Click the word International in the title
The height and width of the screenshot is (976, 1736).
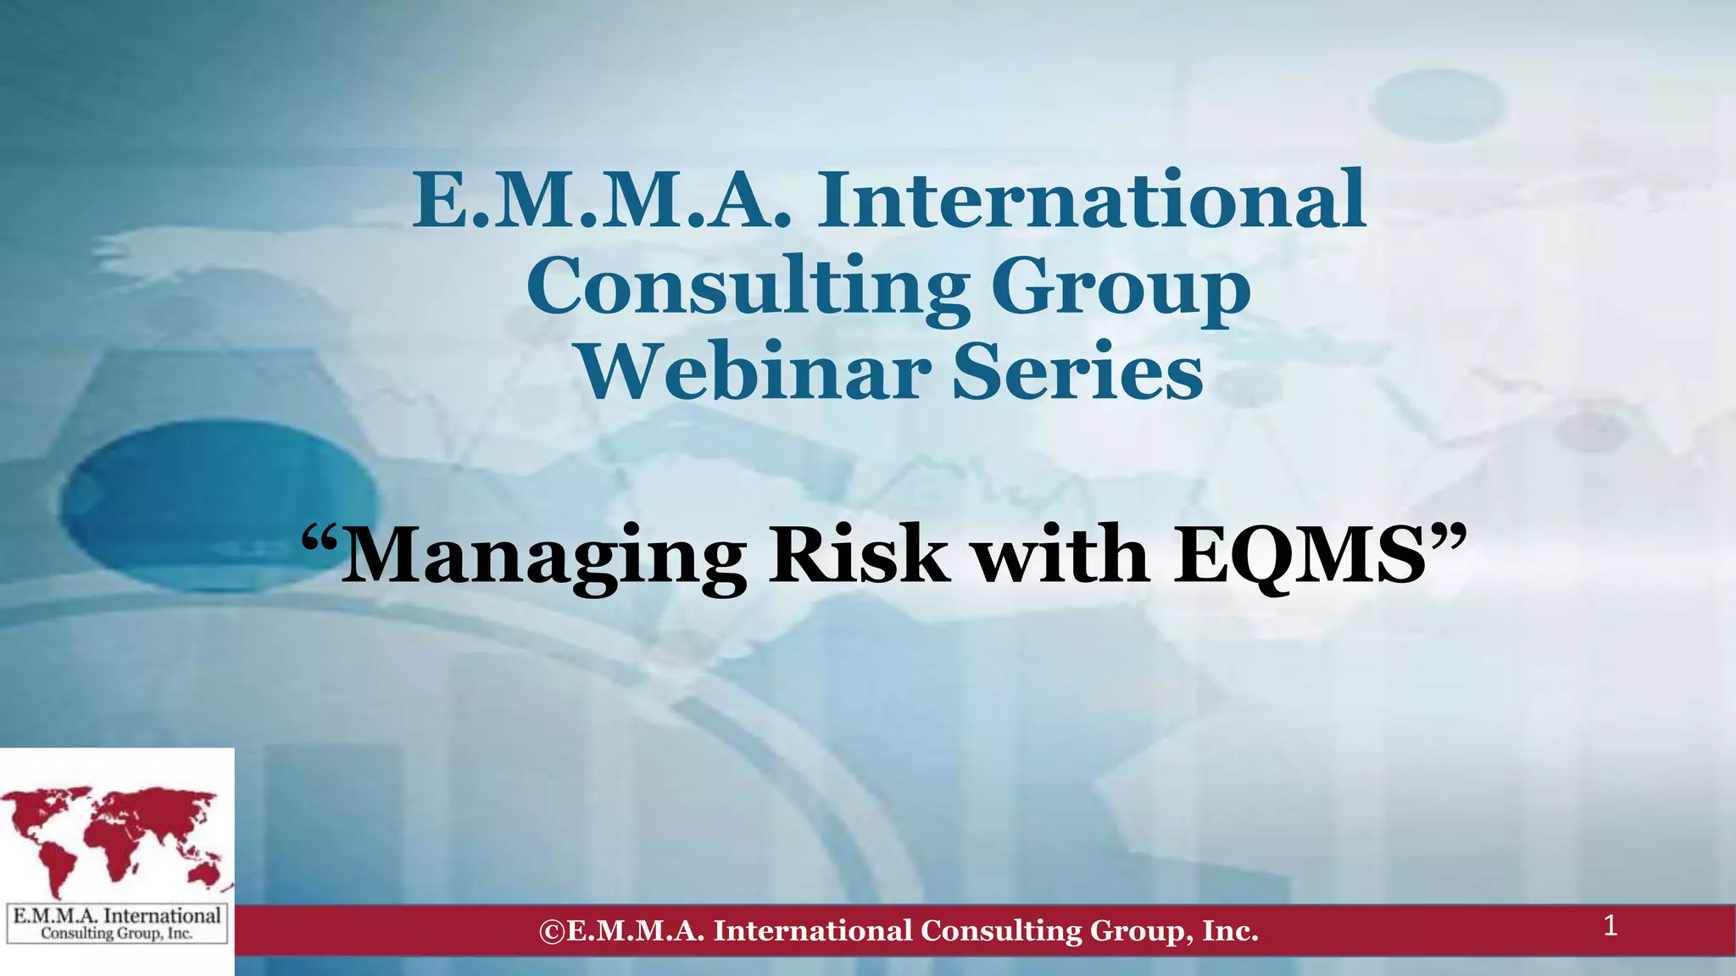tap(1091, 201)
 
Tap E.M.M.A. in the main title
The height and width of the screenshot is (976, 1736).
tap(601, 201)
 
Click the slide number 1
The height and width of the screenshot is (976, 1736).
tap(1611, 926)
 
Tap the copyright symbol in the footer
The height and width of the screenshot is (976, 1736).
tap(551, 931)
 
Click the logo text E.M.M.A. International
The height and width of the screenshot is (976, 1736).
tap(117, 916)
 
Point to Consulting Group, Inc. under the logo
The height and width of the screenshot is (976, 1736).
tap(117, 934)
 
